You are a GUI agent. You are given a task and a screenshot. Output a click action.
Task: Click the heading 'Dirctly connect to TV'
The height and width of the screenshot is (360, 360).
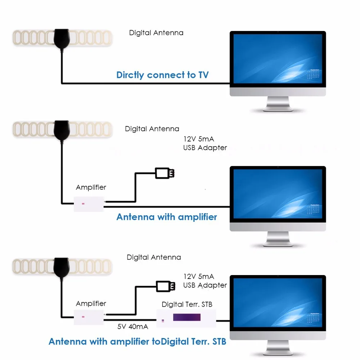(x=162, y=75)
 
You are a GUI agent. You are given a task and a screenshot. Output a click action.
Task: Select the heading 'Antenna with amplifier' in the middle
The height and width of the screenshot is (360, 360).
(x=167, y=217)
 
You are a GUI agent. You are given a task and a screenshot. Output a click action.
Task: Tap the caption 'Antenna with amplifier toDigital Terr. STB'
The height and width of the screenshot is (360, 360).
(x=138, y=341)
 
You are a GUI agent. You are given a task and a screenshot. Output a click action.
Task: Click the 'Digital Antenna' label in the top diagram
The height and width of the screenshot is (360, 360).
(x=156, y=33)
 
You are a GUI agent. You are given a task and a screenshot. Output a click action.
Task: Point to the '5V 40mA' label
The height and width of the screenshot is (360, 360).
(x=133, y=327)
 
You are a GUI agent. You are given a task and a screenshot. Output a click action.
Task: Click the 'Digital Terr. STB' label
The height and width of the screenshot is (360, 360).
(x=187, y=304)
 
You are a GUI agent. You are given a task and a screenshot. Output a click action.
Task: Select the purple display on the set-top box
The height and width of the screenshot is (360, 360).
(x=186, y=317)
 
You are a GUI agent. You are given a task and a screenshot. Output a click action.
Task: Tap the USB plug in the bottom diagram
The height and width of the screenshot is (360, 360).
(x=166, y=286)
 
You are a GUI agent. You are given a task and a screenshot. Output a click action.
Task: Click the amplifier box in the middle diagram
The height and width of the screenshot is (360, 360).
(x=89, y=204)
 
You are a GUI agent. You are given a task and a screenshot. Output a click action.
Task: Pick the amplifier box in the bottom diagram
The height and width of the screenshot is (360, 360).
(x=89, y=317)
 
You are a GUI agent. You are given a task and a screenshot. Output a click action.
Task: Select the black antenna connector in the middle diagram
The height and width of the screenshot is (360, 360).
(x=62, y=130)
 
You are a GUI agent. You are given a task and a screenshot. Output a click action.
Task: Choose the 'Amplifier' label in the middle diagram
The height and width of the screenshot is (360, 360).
(x=91, y=187)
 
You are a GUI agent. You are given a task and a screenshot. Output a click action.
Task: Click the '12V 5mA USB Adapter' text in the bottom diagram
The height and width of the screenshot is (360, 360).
(x=205, y=281)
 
